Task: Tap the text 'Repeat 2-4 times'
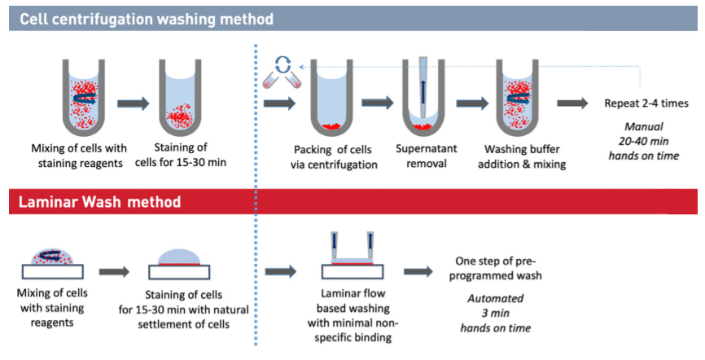click(646, 104)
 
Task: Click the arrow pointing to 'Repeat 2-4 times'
click(573, 103)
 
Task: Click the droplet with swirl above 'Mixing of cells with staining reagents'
click(58, 257)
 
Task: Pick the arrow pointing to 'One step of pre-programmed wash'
click(418, 271)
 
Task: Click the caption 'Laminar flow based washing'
click(352, 303)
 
